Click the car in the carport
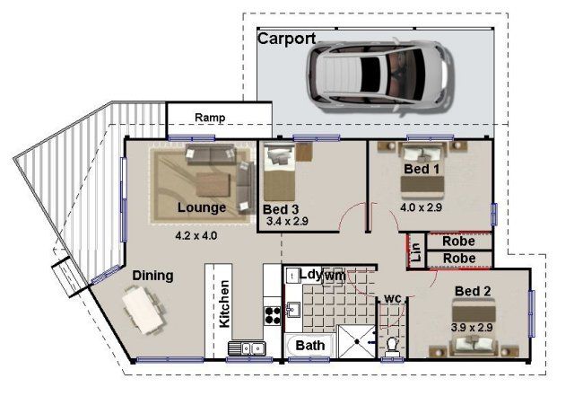tap(380, 75)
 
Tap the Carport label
tap(287, 39)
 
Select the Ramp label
tap(210, 118)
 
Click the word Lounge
tap(202, 207)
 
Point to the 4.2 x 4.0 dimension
tap(196, 235)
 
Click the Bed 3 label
tap(281, 209)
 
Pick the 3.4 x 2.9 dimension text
tap(287, 222)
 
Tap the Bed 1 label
tap(422, 169)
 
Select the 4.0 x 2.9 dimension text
tap(421, 207)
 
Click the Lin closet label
tap(416, 251)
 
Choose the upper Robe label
tap(458, 242)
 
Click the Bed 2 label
tap(473, 291)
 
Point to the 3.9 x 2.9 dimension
tap(472, 328)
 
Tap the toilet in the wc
tap(392, 347)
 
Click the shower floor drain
tap(357, 341)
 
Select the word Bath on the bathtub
tap(309, 346)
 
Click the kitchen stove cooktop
tap(272, 315)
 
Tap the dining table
tap(144, 311)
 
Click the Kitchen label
tap(224, 304)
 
